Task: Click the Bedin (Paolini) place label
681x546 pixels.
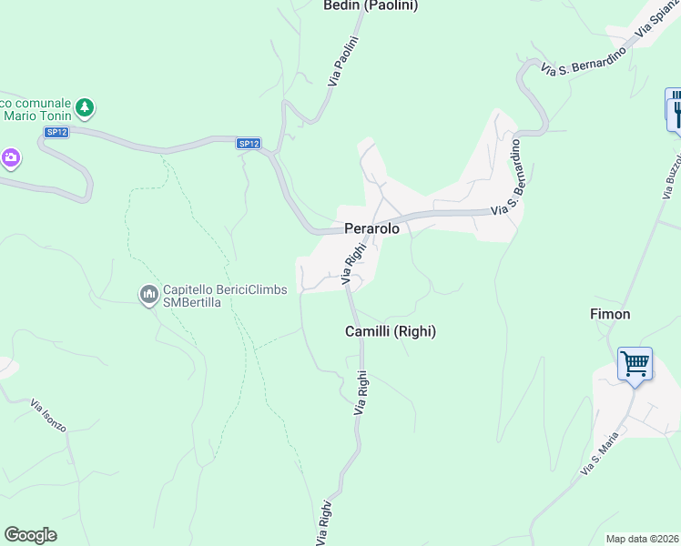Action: click(x=371, y=6)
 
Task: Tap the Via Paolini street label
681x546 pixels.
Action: click(x=344, y=62)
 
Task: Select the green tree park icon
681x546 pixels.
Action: click(x=85, y=108)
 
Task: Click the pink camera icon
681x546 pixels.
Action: click(x=11, y=158)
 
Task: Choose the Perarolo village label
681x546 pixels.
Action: click(x=371, y=229)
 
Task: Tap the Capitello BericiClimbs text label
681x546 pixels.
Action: click(x=225, y=290)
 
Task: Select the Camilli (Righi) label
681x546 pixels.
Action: click(x=391, y=332)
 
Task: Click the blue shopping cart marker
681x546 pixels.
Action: click(x=635, y=364)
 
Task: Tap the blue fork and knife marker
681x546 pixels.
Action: click(x=675, y=112)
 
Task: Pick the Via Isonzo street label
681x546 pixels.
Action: click(x=48, y=414)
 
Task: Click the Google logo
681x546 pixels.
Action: click(x=30, y=535)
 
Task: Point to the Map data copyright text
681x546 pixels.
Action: click(x=643, y=539)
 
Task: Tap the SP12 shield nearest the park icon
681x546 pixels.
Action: click(x=56, y=132)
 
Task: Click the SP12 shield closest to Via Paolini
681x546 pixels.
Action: click(x=249, y=144)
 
